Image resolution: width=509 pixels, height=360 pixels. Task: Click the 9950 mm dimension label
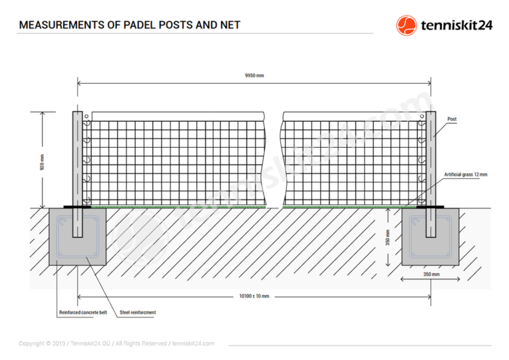tap(254, 76)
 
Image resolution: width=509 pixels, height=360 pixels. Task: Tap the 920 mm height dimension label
tap(42, 162)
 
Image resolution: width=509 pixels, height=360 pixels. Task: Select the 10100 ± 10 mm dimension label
tap(254, 296)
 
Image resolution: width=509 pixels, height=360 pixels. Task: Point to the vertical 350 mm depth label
tap(388, 237)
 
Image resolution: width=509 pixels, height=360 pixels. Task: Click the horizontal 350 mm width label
tap(431, 274)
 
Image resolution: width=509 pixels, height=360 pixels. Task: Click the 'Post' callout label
tap(452, 119)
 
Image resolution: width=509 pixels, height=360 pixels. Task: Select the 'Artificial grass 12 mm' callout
tap(465, 174)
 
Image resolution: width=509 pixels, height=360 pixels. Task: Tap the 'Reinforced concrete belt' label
tap(83, 312)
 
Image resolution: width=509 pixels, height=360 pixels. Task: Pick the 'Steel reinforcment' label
tap(138, 312)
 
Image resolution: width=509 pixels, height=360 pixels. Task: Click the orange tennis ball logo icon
tap(406, 25)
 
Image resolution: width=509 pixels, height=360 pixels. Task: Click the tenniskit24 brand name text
tap(457, 25)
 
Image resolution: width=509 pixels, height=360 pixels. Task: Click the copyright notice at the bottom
tap(117, 343)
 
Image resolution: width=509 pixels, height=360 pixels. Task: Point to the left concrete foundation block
tap(78, 237)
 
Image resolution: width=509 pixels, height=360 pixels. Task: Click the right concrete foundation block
tap(430, 237)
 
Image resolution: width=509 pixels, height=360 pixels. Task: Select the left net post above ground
tap(78, 159)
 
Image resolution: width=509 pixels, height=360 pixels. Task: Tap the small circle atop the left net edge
tap(86, 116)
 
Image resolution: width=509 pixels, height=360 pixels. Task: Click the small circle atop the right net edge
tap(422, 116)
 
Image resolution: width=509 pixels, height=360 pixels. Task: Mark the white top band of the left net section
tap(178, 117)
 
